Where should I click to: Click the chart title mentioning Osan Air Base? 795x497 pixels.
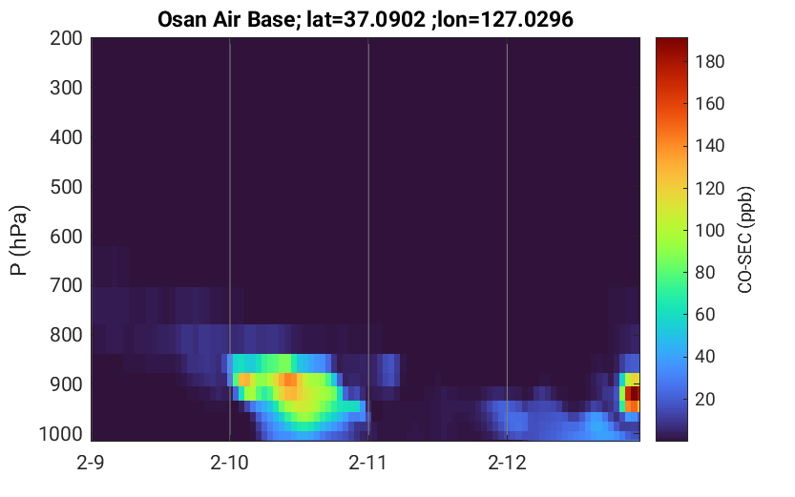365,19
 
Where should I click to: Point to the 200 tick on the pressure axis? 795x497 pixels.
66,38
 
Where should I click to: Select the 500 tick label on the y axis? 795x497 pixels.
66,187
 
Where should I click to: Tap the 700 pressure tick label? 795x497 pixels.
66,286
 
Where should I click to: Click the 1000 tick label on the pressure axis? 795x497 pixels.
61,434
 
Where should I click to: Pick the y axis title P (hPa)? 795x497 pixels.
19,240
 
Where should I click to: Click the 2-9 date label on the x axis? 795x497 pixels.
91,463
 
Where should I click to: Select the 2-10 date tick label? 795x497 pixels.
229,463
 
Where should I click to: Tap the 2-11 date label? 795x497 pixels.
367,463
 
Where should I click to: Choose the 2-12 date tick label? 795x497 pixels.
507,463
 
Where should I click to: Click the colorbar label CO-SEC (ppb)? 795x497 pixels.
745,239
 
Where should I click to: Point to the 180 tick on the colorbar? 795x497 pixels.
710,62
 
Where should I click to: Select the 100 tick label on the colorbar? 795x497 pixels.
710,231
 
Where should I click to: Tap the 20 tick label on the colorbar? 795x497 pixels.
704,399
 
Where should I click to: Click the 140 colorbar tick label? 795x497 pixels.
710,146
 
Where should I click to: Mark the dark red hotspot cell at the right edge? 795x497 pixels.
635,393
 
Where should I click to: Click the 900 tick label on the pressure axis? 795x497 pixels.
66,384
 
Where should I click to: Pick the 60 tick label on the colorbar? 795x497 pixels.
704,315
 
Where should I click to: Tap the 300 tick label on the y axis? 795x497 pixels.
66,88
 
